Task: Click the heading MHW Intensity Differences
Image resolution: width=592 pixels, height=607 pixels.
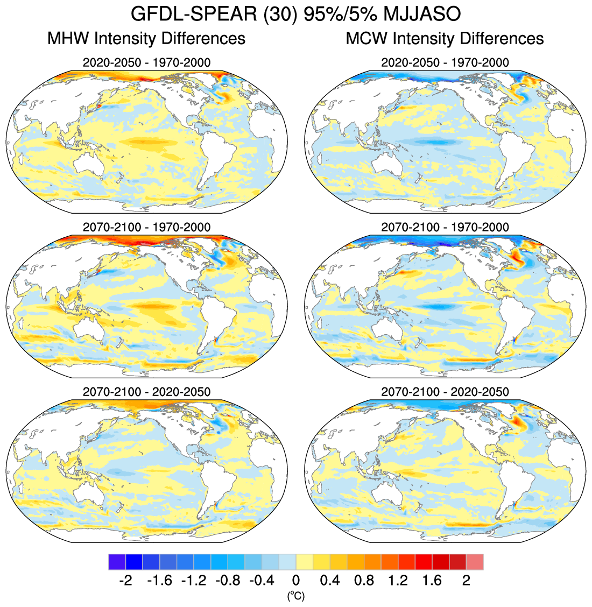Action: [x=146, y=39]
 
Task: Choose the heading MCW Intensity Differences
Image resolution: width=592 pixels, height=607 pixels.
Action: [x=445, y=39]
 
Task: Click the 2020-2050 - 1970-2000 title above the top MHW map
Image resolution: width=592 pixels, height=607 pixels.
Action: [x=146, y=62]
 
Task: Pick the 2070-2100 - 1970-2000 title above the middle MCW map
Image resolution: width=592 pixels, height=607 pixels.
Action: [x=445, y=227]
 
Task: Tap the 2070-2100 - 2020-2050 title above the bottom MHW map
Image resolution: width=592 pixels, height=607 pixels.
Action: [x=146, y=392]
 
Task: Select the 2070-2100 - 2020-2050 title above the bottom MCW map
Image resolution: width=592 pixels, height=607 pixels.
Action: [x=445, y=392]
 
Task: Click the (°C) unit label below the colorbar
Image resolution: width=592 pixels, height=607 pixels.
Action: [x=295, y=596]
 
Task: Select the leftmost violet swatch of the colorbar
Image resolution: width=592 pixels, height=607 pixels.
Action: [x=117, y=562]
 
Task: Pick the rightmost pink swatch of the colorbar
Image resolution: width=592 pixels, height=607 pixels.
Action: [x=475, y=562]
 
